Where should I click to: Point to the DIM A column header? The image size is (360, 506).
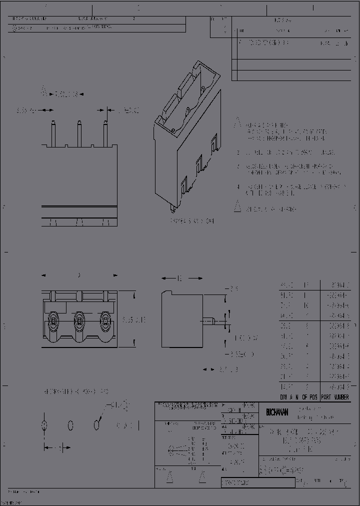[x=287, y=396]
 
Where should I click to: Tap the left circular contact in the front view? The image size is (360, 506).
[x=52, y=319]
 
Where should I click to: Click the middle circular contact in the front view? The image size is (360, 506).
[x=79, y=319]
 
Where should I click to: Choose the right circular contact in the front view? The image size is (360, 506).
[x=105, y=319]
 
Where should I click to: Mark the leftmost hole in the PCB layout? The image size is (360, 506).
[x=44, y=425]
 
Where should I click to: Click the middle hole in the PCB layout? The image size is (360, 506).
[x=70, y=425]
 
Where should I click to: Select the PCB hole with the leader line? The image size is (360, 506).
[x=96, y=425]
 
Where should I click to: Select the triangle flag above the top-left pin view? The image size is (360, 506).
[x=44, y=91]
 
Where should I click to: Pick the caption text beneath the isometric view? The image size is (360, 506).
[x=192, y=220]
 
